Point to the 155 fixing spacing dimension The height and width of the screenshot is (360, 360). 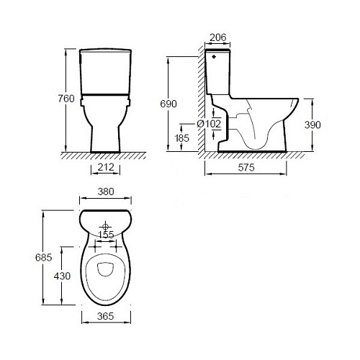107,234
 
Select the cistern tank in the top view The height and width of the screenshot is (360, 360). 108,218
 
